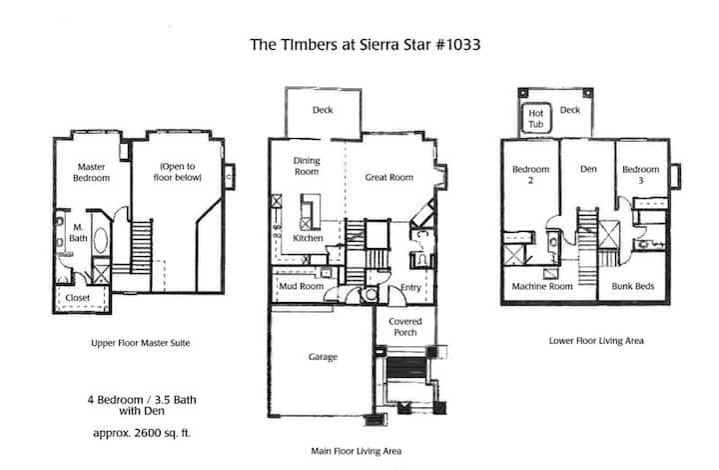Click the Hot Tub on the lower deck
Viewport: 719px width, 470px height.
point(536,118)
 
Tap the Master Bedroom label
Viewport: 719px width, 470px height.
point(91,172)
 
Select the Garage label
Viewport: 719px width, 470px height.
point(323,357)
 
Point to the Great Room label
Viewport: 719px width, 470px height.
point(388,177)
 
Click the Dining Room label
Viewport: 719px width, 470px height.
point(307,166)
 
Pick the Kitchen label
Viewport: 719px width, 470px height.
point(308,238)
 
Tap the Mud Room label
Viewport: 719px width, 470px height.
point(302,286)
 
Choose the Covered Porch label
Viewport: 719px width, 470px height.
point(405,327)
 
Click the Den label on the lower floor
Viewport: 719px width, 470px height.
point(588,169)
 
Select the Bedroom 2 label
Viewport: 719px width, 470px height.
point(530,174)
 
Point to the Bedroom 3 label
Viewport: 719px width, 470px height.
point(640,174)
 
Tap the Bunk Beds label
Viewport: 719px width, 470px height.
point(633,286)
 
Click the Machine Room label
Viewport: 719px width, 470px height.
point(542,286)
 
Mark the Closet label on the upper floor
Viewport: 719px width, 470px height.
point(78,298)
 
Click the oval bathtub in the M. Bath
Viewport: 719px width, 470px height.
point(101,240)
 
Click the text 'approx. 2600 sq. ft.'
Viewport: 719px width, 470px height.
point(142,433)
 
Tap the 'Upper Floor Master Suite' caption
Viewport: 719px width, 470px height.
point(141,343)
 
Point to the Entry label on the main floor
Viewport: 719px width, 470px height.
point(410,287)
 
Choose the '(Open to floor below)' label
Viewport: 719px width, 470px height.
point(178,172)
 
